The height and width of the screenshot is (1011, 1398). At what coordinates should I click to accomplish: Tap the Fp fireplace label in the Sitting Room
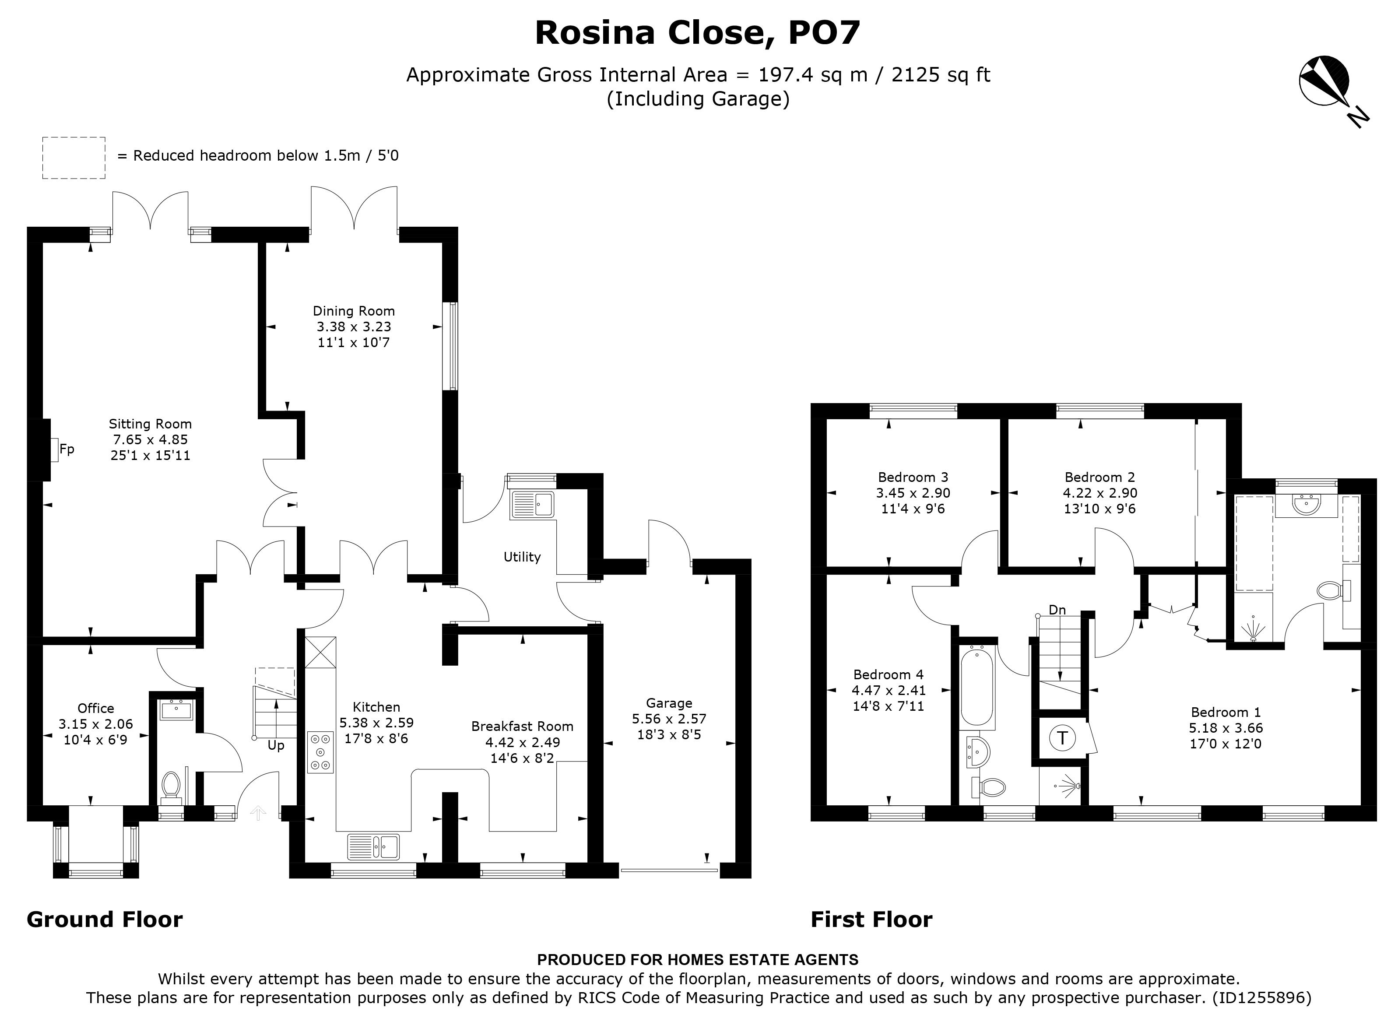(x=67, y=449)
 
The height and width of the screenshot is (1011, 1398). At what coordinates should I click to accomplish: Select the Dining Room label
(x=353, y=311)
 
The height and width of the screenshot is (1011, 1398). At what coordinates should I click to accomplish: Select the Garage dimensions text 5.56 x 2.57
(x=669, y=719)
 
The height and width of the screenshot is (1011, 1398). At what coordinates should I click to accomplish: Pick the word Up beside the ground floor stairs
(x=276, y=746)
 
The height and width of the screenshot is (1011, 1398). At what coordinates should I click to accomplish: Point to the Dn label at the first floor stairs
(x=1057, y=610)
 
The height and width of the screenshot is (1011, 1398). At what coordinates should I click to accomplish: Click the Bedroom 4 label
(x=888, y=675)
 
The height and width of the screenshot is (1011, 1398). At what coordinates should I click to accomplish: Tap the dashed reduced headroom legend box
(x=74, y=158)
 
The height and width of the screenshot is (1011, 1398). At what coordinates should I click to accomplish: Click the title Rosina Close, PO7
(x=697, y=33)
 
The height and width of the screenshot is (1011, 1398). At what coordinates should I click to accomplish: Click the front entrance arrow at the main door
(x=258, y=813)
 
